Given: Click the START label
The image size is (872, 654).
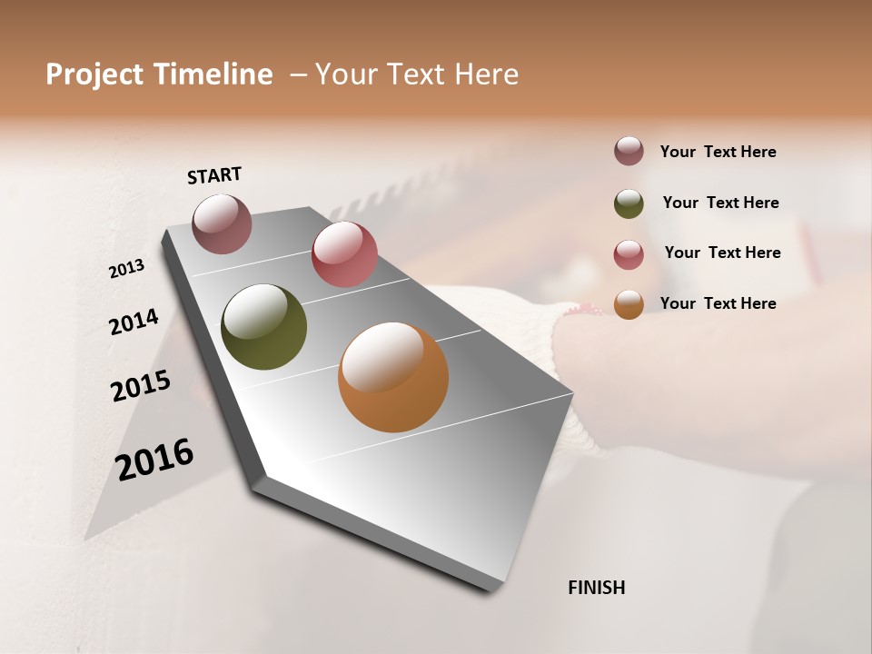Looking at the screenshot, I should (x=214, y=175).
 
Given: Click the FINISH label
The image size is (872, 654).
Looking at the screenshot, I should (x=596, y=588).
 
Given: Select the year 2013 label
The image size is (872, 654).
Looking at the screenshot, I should (x=127, y=269).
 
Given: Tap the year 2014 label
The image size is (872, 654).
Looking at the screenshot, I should (x=134, y=322).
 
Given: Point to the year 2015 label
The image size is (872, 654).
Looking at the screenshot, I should (x=141, y=386).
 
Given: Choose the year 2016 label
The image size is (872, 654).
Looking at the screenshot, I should (x=154, y=459).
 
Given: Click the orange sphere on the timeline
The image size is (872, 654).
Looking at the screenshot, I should (x=393, y=377).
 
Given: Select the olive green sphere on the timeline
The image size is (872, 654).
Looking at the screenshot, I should (x=263, y=327).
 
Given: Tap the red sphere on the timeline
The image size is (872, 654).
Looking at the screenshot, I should (x=344, y=254).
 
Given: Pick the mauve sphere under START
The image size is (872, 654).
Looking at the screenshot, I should (x=223, y=223).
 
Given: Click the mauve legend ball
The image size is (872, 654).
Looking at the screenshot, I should (x=629, y=151).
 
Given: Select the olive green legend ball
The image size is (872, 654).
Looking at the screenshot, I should (x=629, y=203).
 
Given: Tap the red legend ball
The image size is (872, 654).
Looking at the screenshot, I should (x=629, y=254).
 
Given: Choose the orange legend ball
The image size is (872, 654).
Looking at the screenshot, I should (x=629, y=304).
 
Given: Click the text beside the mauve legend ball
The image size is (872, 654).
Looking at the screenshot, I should (x=718, y=152).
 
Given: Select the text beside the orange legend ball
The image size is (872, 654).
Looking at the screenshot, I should (x=718, y=303).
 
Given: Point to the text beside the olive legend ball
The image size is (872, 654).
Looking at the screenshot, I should (x=720, y=203).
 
